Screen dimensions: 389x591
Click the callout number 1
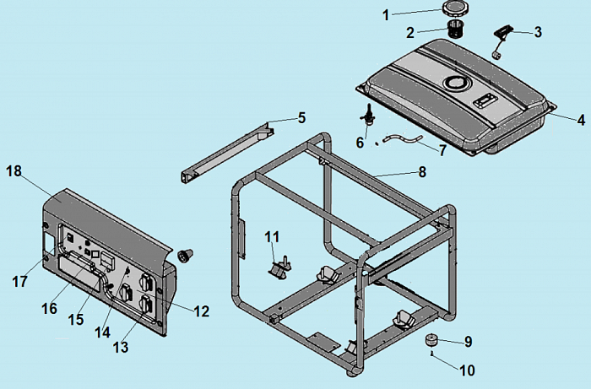pyautogui.click(x=387, y=14)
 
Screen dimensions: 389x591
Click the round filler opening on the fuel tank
pyautogui.click(x=456, y=83)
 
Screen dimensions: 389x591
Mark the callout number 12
pyautogui.click(x=200, y=311)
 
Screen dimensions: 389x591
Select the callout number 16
pyautogui.click(x=49, y=308)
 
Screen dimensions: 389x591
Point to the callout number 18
pyautogui.click(x=14, y=171)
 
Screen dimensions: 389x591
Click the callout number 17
pyautogui.click(x=19, y=281)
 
